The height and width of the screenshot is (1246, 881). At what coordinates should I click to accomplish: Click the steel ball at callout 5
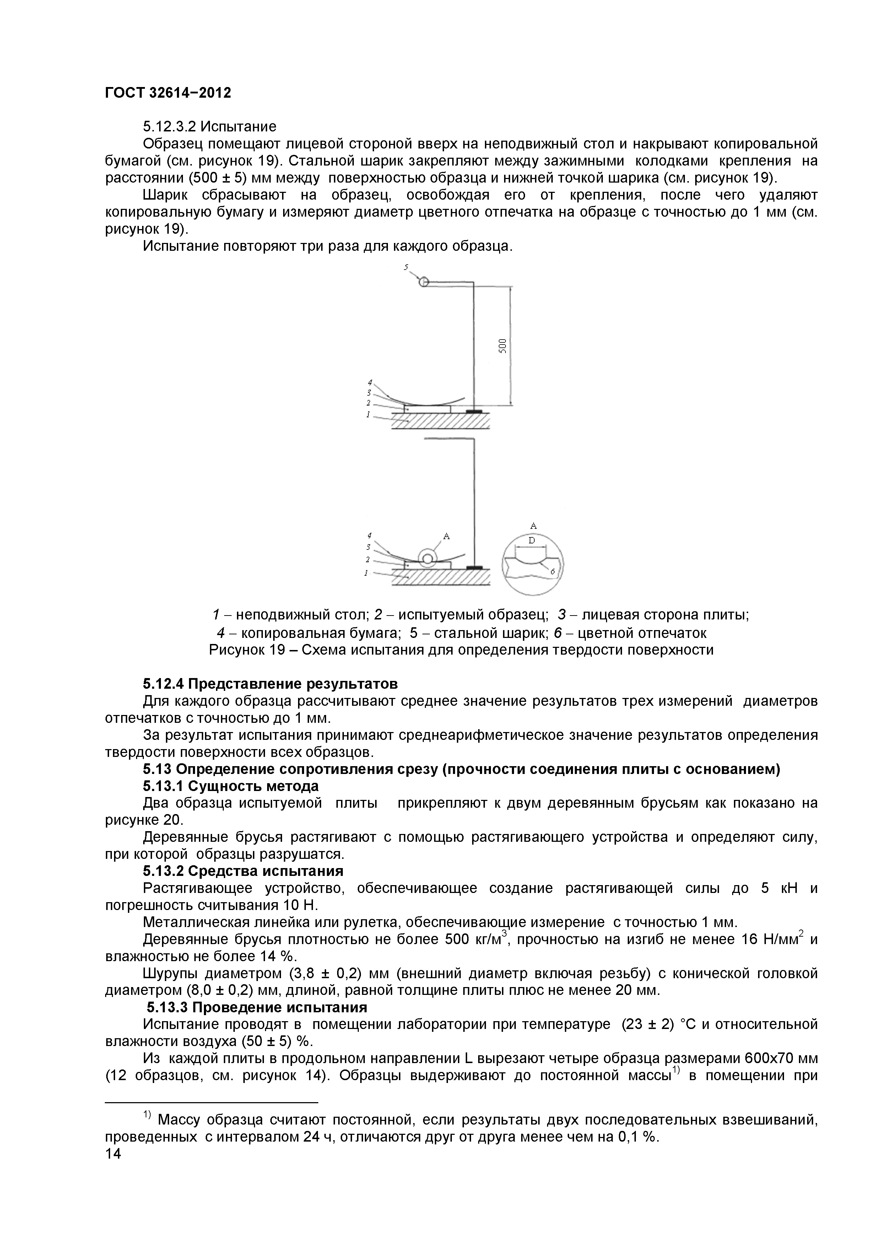[x=424, y=282]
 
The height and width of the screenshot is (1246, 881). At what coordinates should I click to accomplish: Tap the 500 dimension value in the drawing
[x=503, y=345]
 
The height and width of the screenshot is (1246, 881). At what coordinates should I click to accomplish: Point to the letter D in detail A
[x=531, y=541]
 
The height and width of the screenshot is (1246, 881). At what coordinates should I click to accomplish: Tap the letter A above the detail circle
[x=533, y=525]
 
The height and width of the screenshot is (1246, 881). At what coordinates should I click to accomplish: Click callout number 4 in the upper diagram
[x=370, y=382]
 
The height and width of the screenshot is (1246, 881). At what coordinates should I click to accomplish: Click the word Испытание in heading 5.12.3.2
[x=238, y=126]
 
